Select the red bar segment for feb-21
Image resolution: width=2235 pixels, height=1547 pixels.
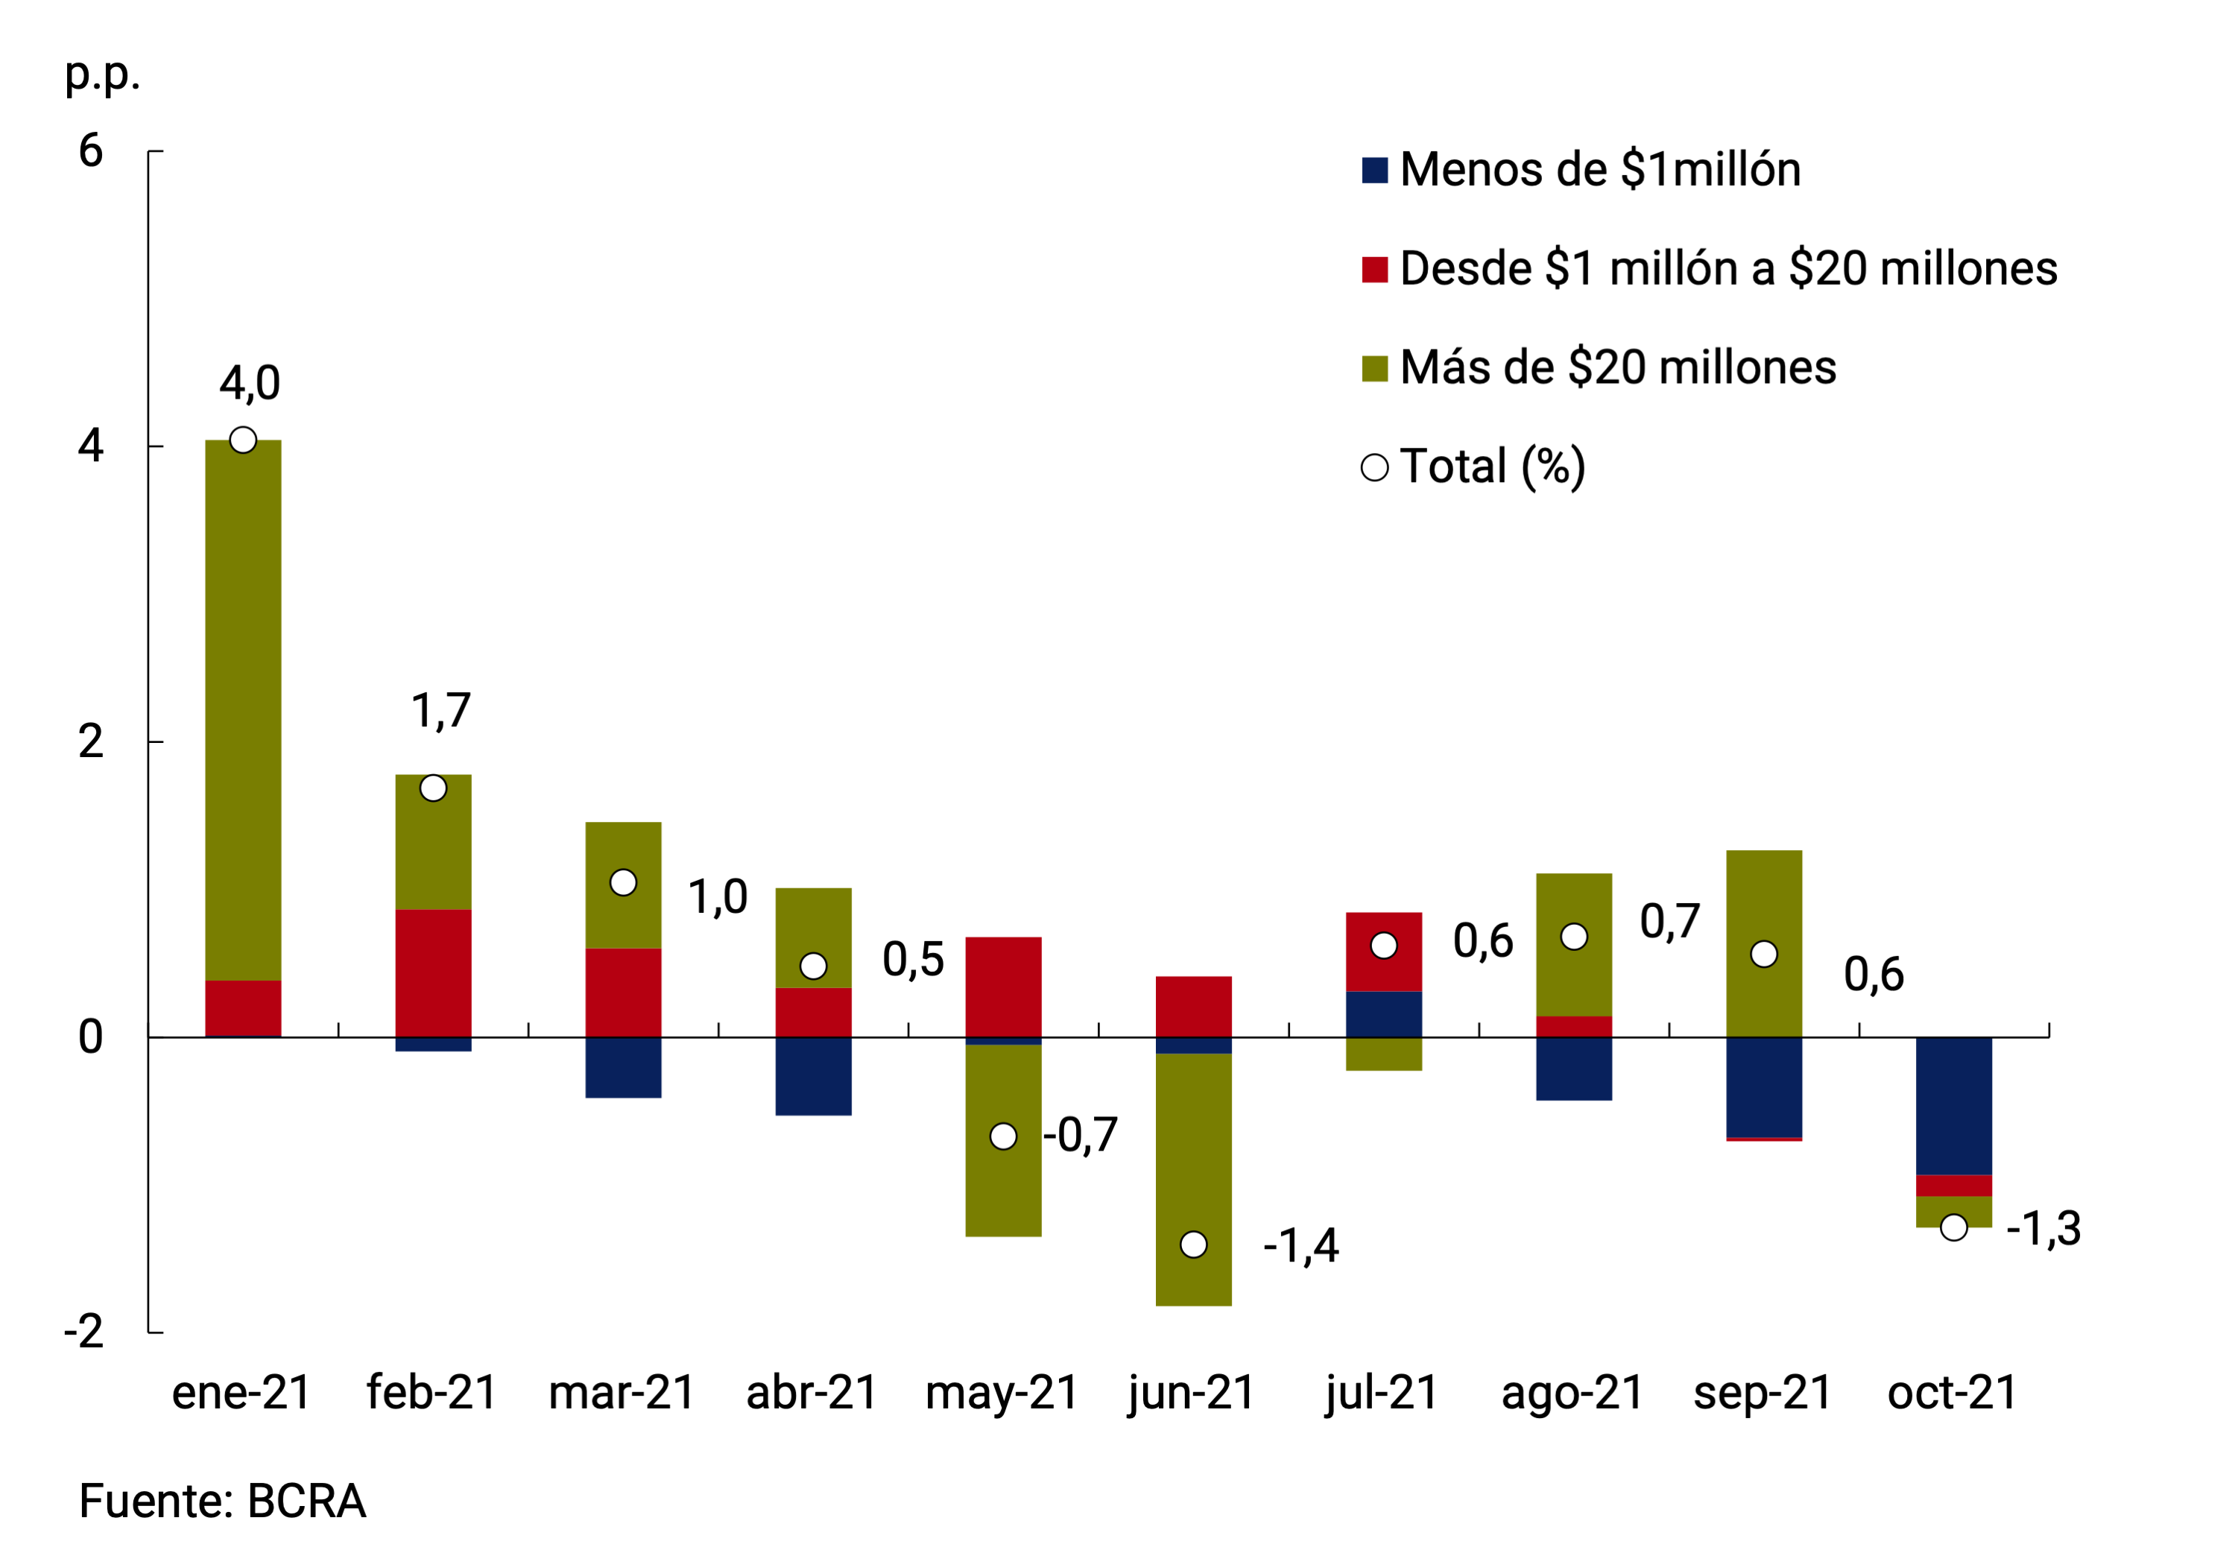pyautogui.click(x=433, y=972)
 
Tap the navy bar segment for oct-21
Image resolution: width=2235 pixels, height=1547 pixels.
pyautogui.click(x=1953, y=1105)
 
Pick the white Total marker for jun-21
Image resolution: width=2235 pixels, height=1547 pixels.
pyautogui.click(x=1193, y=1244)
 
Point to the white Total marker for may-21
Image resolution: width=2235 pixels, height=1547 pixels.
pyautogui.click(x=1003, y=1136)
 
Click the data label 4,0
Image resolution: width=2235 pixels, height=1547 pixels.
pyautogui.click(x=249, y=384)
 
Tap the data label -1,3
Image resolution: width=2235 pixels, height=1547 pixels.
pyautogui.click(x=2043, y=1229)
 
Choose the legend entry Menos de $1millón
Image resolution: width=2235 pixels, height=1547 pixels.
pyautogui.click(x=1599, y=170)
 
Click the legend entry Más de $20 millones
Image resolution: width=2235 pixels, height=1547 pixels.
pyautogui.click(x=1616, y=367)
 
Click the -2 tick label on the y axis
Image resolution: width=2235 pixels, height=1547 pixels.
pyautogui.click(x=84, y=1332)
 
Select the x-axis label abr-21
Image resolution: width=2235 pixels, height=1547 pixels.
pyautogui.click(x=812, y=1393)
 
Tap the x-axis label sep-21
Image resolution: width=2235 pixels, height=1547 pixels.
pyautogui.click(x=1762, y=1393)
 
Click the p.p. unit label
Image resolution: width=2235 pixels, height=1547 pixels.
pyautogui.click(x=102, y=74)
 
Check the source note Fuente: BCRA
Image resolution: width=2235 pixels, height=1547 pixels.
pyautogui.click(x=222, y=1501)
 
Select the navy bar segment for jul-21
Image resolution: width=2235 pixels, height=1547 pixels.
pyautogui.click(x=1383, y=1014)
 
